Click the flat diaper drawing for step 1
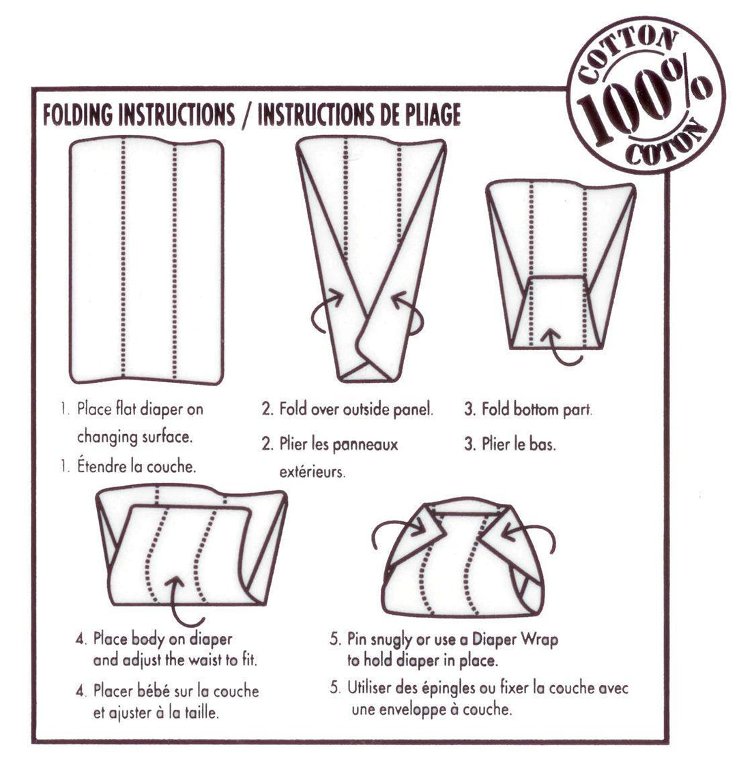coord(147,259)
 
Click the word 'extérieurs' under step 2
coord(311,472)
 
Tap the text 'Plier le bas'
coord(518,444)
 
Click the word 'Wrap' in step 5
coord(539,639)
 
